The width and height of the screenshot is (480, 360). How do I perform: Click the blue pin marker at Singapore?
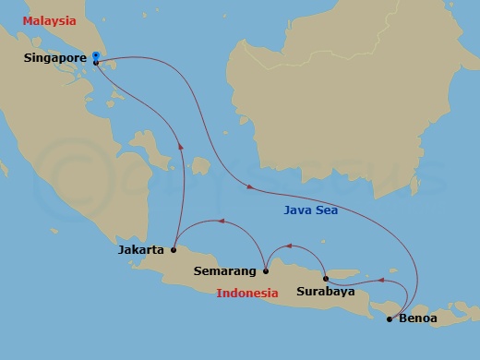[x=96, y=57]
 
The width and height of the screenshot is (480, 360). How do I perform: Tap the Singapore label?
[x=56, y=58]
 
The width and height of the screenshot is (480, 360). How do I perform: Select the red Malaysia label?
[x=49, y=20]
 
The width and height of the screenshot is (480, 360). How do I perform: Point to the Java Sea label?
[x=311, y=210]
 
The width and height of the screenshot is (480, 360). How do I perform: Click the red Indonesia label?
[x=247, y=294]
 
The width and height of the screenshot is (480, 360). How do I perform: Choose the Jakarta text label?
[x=141, y=249]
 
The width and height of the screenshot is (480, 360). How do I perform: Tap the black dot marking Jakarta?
[x=173, y=249]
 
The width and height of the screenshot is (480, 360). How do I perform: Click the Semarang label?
[x=227, y=271]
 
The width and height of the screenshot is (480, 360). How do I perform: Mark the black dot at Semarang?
[x=266, y=271]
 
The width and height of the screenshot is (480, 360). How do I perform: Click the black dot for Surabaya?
[x=326, y=278]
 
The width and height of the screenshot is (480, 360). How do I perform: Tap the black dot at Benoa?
[x=389, y=319]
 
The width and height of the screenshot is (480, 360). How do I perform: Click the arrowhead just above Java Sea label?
[x=248, y=187]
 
